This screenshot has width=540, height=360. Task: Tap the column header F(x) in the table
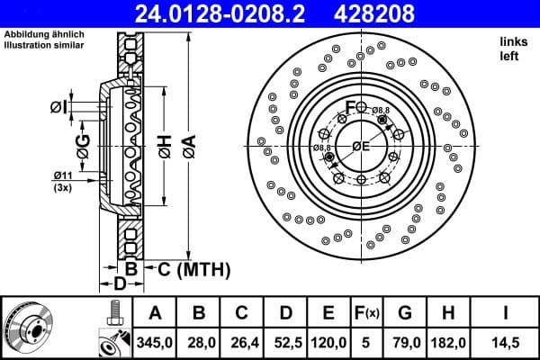click(x=367, y=313)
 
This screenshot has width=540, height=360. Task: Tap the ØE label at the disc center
click(x=361, y=146)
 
